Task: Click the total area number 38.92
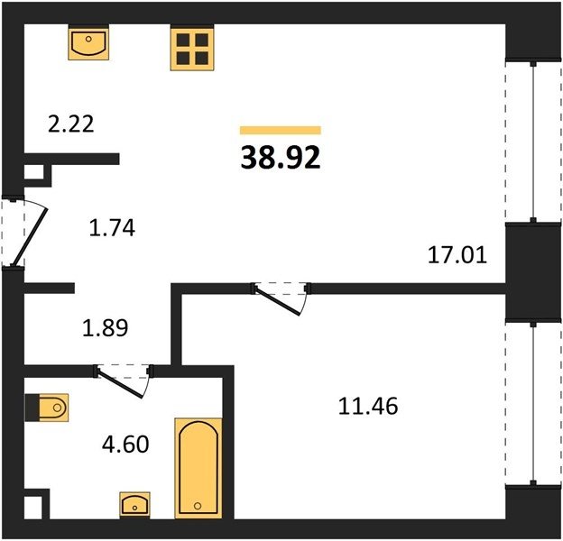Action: click(x=281, y=158)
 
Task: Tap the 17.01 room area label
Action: click(x=457, y=255)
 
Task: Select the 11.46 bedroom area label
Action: click(x=368, y=406)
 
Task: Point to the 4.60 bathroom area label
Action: click(x=125, y=445)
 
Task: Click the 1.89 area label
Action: click(x=106, y=328)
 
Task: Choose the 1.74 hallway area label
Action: click(x=112, y=228)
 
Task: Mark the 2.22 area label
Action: click(x=70, y=124)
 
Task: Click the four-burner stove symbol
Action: click(x=192, y=49)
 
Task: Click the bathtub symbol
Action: click(x=198, y=468)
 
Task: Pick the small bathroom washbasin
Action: click(x=134, y=504)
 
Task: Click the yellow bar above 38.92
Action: click(x=281, y=130)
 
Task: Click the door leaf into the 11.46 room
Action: click(x=277, y=301)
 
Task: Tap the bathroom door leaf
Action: click(x=120, y=384)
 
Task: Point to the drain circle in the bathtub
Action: click(x=197, y=506)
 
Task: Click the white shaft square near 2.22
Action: click(x=33, y=172)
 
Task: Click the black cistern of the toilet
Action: click(x=32, y=408)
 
